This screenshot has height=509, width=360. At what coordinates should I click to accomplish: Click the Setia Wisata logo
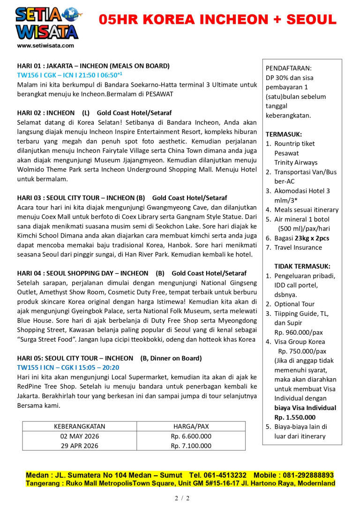click(47, 22)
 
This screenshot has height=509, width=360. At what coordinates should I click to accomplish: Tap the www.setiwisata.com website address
click(45, 46)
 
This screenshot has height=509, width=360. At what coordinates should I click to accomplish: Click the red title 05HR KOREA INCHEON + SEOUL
click(217, 20)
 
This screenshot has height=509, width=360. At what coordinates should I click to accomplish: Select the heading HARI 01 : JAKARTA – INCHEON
click(93, 66)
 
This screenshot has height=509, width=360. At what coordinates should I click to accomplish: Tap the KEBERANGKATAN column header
click(80, 427)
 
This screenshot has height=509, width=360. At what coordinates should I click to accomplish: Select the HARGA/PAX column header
click(191, 427)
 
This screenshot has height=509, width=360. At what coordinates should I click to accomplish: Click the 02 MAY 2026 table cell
click(80, 436)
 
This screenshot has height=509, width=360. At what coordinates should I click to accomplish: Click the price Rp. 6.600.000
click(191, 436)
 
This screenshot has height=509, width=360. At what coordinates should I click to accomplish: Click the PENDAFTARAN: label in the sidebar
click(288, 68)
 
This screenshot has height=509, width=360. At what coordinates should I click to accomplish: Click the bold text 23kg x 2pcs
click(312, 238)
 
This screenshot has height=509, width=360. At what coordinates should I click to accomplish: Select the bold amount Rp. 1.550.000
click(295, 417)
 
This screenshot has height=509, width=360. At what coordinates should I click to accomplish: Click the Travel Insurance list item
click(298, 247)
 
